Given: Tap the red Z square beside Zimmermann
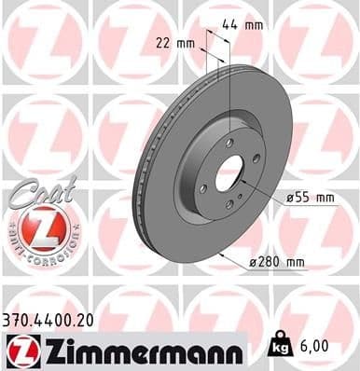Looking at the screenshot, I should click(x=20, y=350).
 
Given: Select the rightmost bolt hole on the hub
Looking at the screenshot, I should click(x=256, y=159).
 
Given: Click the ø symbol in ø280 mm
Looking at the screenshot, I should click(x=256, y=264).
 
